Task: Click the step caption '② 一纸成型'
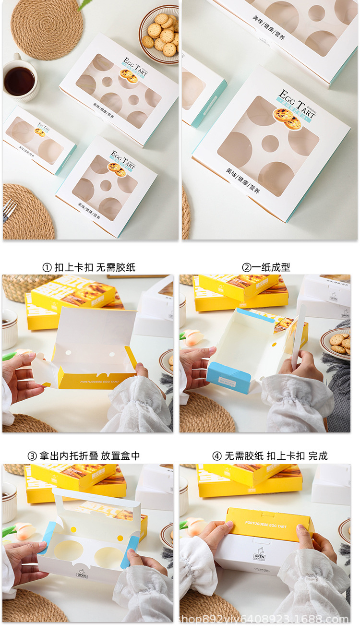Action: click(266, 267)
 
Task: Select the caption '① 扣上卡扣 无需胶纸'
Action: click(89, 267)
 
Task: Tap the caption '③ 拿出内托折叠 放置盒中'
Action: click(84, 456)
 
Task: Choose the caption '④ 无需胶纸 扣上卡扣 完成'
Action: click(270, 456)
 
